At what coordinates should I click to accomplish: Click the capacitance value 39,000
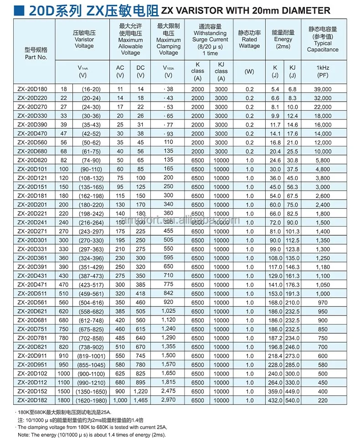[x=323, y=89]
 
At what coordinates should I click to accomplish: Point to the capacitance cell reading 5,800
[x=323, y=160]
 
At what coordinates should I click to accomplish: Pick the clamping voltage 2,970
[x=168, y=400]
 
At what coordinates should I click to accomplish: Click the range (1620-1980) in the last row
[x=93, y=400]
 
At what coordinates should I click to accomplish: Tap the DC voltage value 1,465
[x=140, y=400]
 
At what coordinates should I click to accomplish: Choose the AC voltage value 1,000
[x=120, y=400]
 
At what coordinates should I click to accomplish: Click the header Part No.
[x=36, y=57]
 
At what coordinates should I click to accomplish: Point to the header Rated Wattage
[x=249, y=42]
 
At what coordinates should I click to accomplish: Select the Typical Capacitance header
[x=323, y=47]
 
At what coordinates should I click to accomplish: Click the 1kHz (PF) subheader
[x=323, y=72]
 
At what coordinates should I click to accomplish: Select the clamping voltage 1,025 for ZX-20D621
[x=168, y=311]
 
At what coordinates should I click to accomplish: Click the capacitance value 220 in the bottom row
[x=323, y=400]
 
